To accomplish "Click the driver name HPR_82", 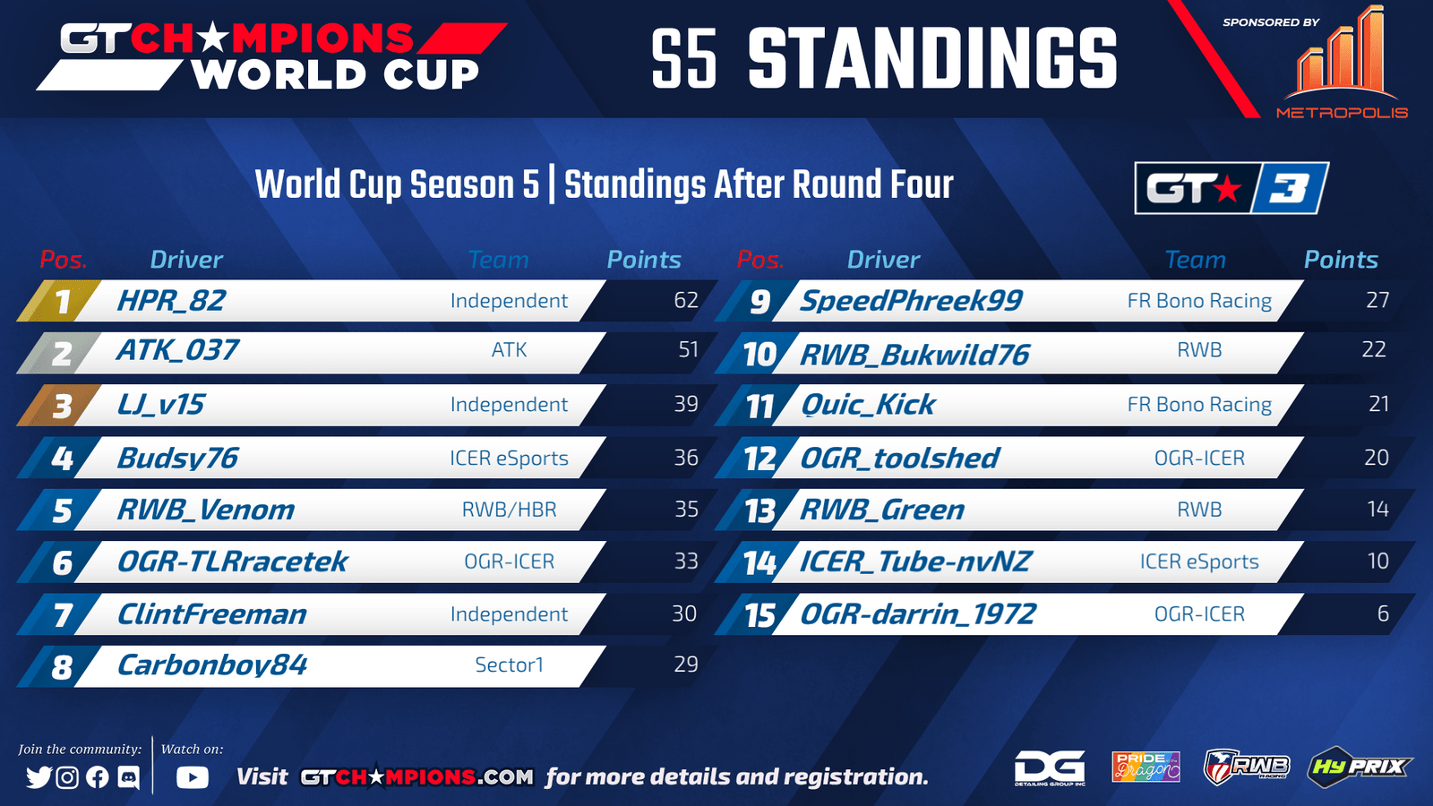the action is pyautogui.click(x=171, y=301).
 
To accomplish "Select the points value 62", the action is pyautogui.click(x=686, y=300).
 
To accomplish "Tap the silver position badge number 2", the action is pyautogui.click(x=62, y=353).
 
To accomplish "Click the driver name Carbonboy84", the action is pyautogui.click(x=211, y=665).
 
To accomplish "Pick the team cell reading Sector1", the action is pyautogui.click(x=510, y=665).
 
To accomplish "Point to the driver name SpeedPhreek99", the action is pyautogui.click(x=911, y=301).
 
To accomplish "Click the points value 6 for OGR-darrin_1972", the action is pyautogui.click(x=1383, y=613).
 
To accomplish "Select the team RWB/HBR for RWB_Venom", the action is pyautogui.click(x=510, y=510).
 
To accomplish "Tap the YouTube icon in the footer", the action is pyautogui.click(x=193, y=777).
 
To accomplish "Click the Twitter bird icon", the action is pyautogui.click(x=39, y=777).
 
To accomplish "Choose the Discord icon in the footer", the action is pyautogui.click(x=129, y=777).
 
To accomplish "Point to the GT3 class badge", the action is pyautogui.click(x=1231, y=188).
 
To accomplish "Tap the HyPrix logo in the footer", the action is pyautogui.click(x=1359, y=766).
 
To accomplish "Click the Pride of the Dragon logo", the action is pyautogui.click(x=1146, y=767).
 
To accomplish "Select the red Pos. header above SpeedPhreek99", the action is pyautogui.click(x=760, y=260).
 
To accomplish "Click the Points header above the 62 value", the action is pyautogui.click(x=644, y=260).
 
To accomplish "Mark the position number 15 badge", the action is pyautogui.click(x=760, y=614).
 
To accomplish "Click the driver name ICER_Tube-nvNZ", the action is pyautogui.click(x=914, y=562).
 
